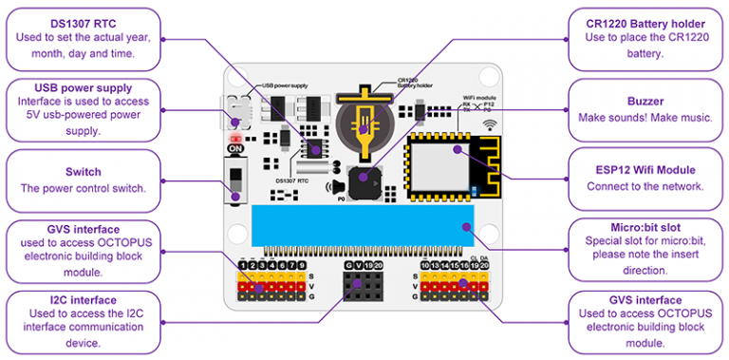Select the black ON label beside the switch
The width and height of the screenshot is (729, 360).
(233, 148)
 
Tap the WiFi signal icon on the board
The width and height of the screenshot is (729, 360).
(491, 124)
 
